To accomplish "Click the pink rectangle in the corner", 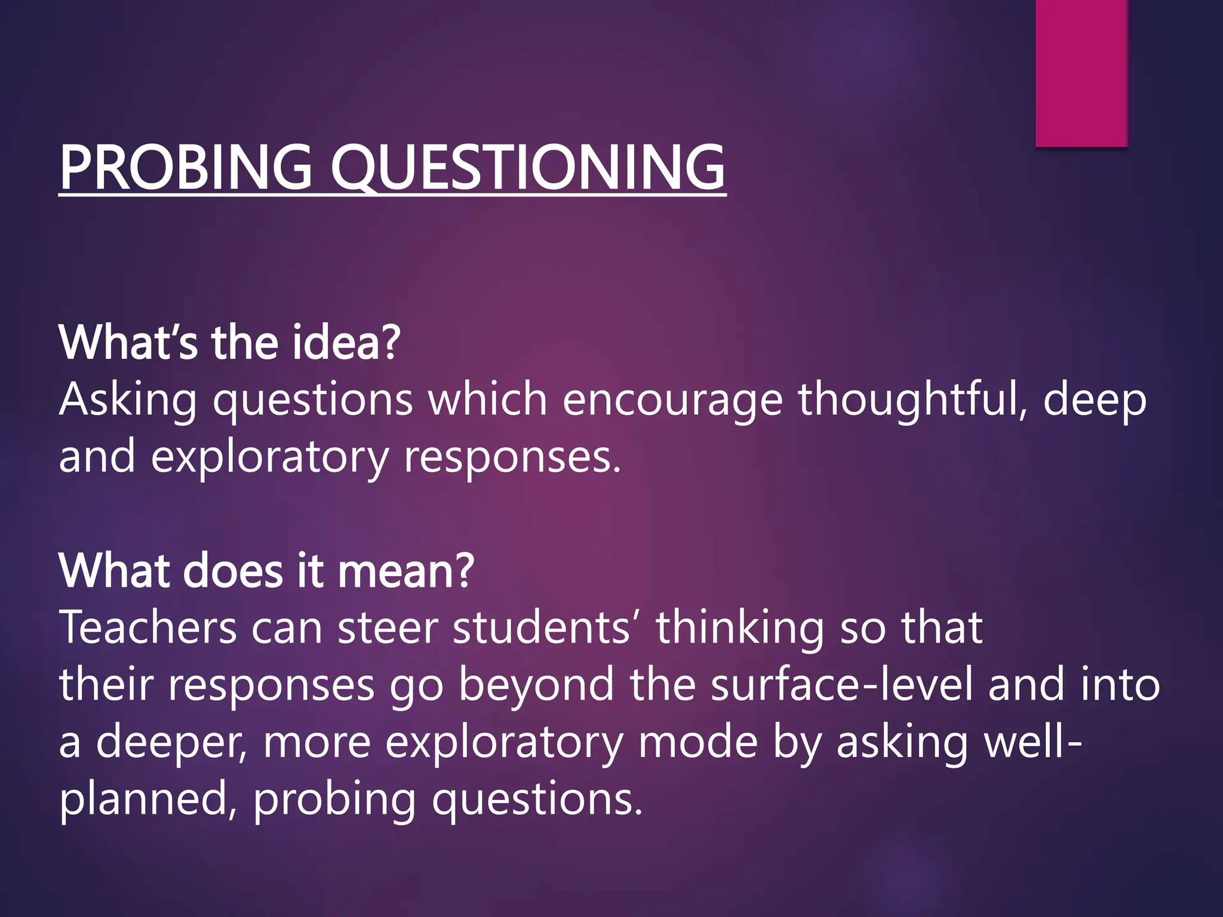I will pyautogui.click(x=1081, y=72).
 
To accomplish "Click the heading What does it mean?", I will pyautogui.click(x=266, y=570).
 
